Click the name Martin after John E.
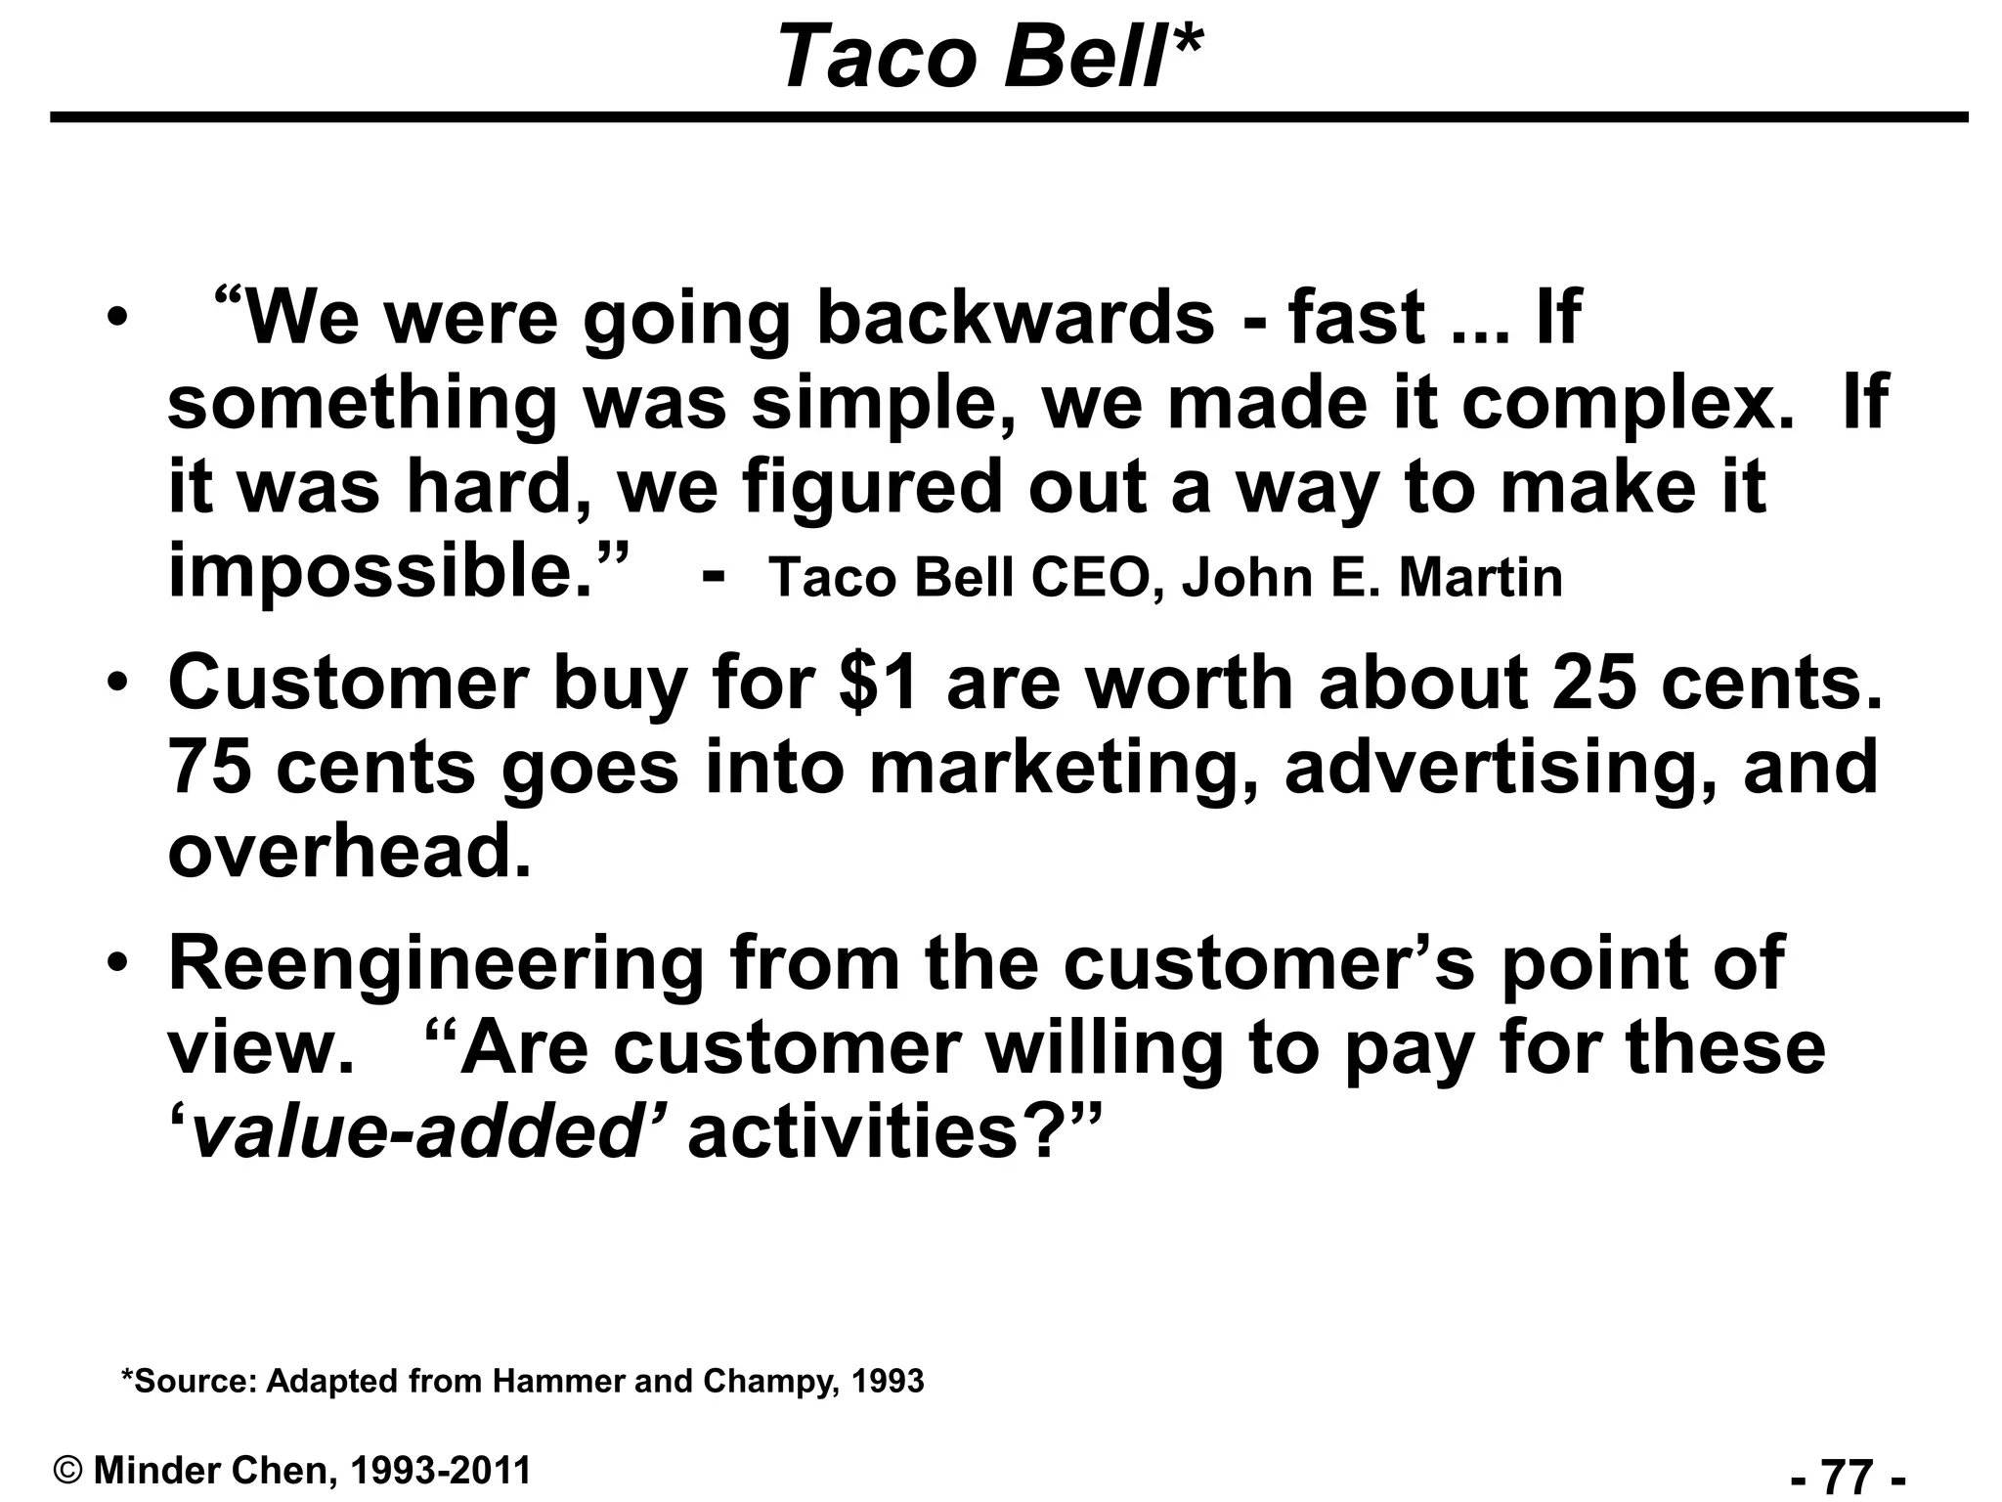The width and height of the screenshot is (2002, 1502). [x=1480, y=577]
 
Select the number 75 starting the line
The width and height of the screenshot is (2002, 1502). [x=209, y=768]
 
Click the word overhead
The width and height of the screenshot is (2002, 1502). [x=349, y=852]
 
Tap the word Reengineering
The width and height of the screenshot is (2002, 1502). [x=436, y=963]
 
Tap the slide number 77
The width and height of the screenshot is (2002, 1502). [x=1849, y=1475]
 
